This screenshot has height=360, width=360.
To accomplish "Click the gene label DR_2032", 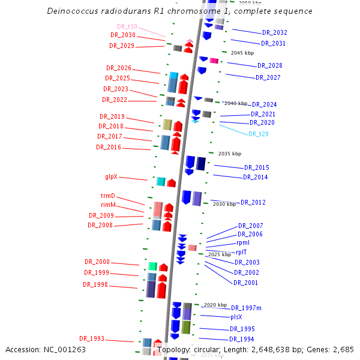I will [x=274, y=32].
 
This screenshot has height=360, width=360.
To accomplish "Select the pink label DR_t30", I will [x=127, y=26].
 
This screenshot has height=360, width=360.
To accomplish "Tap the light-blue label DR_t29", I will [x=259, y=134].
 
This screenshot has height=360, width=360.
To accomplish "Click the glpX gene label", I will [x=111, y=177].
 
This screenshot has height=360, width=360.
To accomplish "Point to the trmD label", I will [x=107, y=196].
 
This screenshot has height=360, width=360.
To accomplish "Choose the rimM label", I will [x=108, y=205].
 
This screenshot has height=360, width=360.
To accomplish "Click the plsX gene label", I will [x=236, y=317].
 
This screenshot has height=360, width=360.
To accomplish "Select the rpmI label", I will [x=243, y=243].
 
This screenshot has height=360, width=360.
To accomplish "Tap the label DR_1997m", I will [x=246, y=308].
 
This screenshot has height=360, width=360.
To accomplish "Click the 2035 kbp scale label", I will [x=229, y=154].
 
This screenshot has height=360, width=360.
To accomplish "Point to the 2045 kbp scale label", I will [x=242, y=53].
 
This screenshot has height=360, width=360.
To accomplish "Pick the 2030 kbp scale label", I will [x=224, y=204].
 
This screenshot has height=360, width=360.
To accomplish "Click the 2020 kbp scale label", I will [x=215, y=305].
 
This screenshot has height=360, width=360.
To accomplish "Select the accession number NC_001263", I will [x=65, y=349].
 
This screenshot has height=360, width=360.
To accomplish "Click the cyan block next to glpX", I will [x=160, y=181].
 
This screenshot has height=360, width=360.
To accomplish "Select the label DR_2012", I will [x=253, y=203].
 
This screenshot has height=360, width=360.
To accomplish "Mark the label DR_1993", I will [x=92, y=339].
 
